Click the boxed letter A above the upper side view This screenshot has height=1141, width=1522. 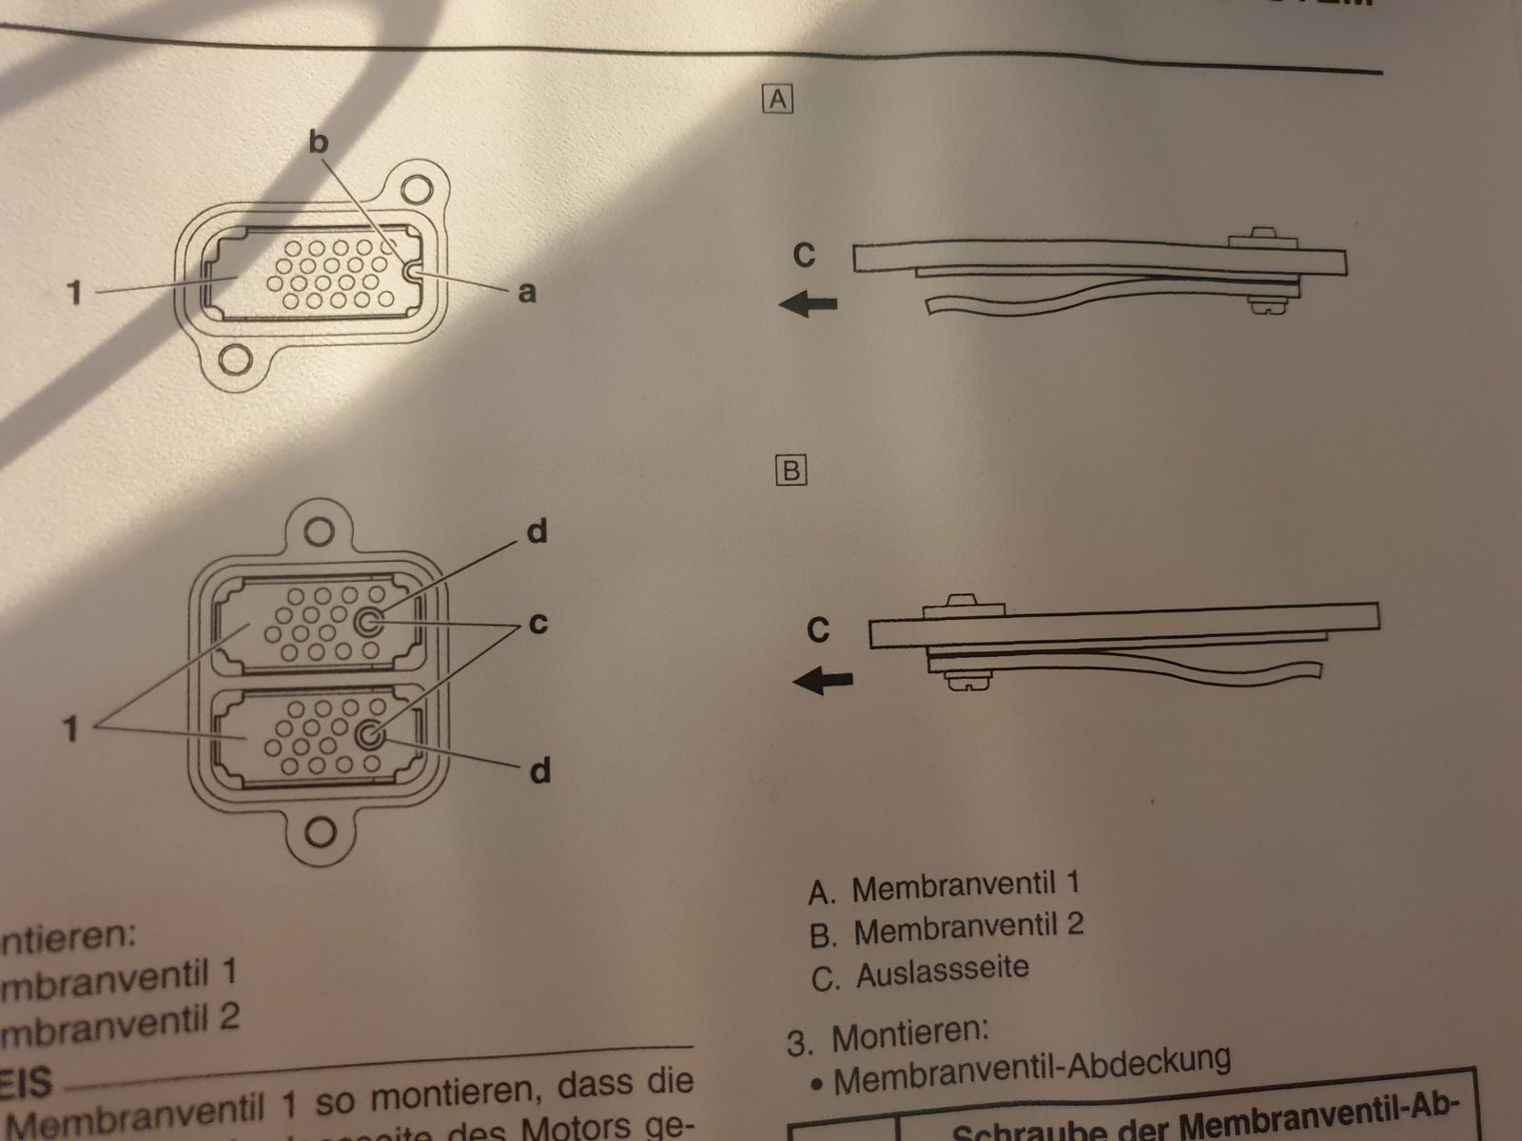click(x=778, y=99)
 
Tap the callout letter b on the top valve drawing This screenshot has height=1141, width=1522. click(x=319, y=143)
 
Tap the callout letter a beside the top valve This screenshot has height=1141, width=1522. click(x=526, y=293)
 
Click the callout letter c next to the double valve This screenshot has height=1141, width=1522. click(x=537, y=625)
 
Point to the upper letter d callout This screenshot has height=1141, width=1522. click(x=537, y=532)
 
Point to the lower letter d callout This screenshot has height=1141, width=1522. click(x=539, y=770)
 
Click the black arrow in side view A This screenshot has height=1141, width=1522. click(x=809, y=304)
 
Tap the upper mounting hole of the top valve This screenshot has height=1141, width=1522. click(x=416, y=186)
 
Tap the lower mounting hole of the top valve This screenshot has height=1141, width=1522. click(x=234, y=360)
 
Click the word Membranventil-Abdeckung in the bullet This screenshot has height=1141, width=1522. click(x=1031, y=1071)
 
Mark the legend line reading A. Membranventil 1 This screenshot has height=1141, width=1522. click(x=944, y=887)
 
